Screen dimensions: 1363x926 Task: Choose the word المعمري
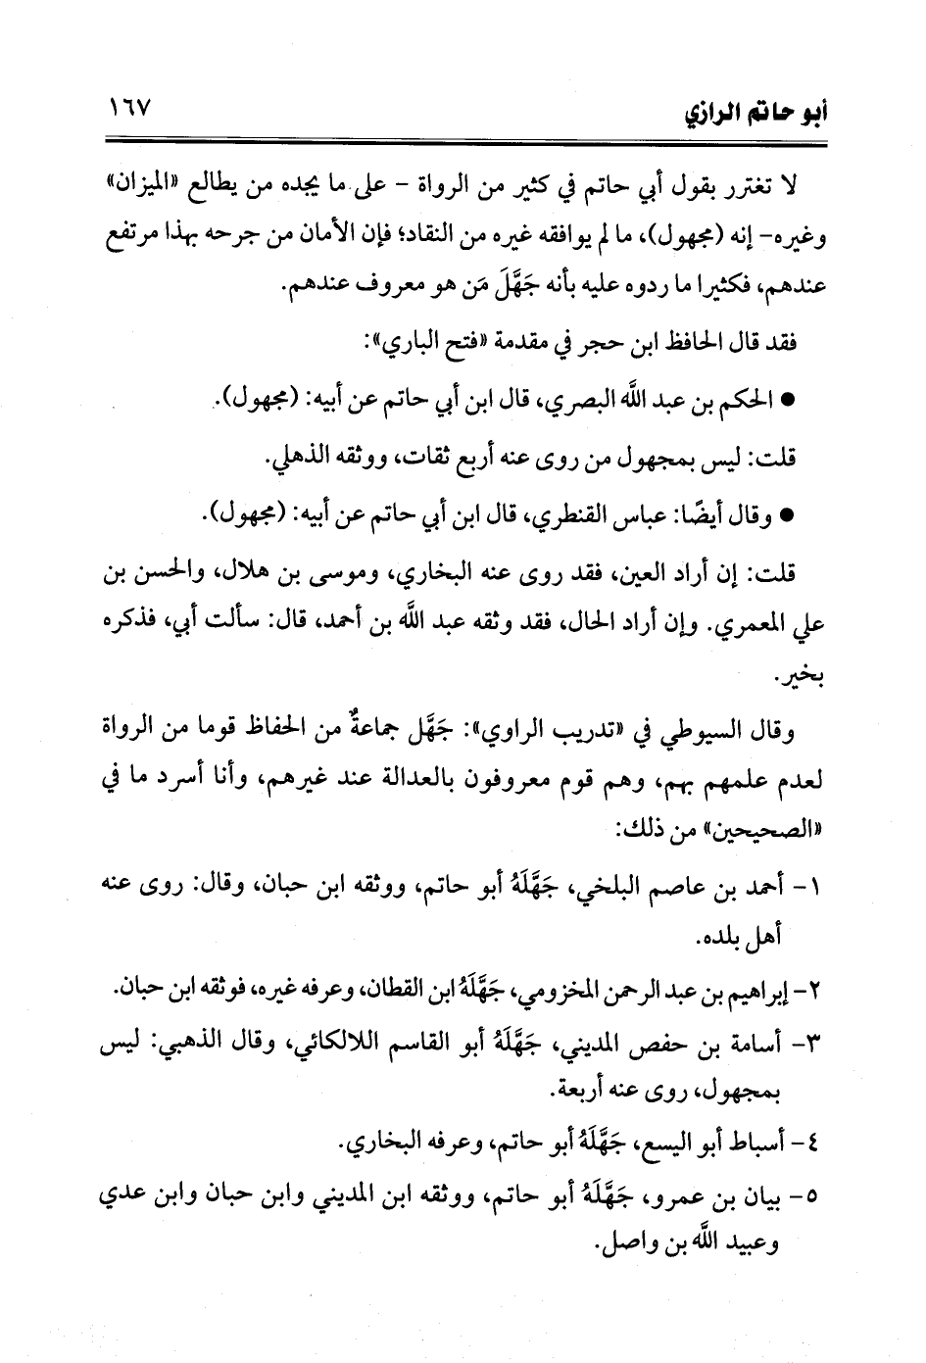pyautogui.click(x=765, y=624)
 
